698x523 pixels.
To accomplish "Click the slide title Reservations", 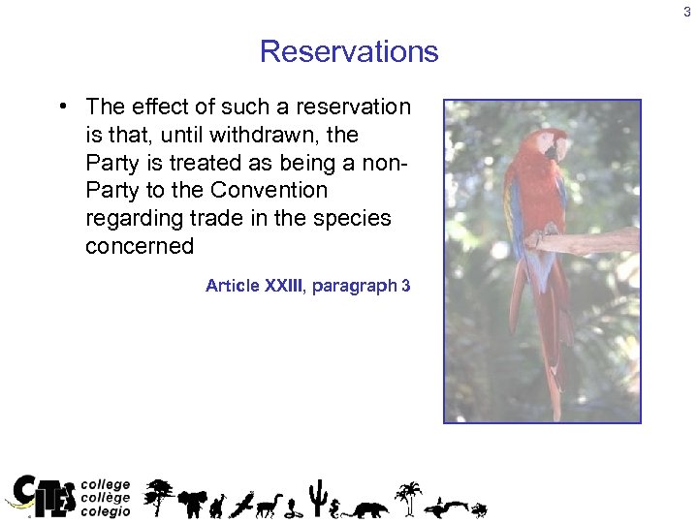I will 349,51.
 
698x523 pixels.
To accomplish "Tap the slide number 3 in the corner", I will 687,12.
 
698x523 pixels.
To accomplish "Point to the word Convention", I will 270,190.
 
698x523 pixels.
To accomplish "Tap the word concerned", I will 140,246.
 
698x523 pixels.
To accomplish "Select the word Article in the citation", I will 232,286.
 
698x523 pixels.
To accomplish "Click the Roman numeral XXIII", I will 283,286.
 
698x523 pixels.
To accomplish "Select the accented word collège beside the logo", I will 106,498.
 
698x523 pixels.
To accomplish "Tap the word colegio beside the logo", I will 106,511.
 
